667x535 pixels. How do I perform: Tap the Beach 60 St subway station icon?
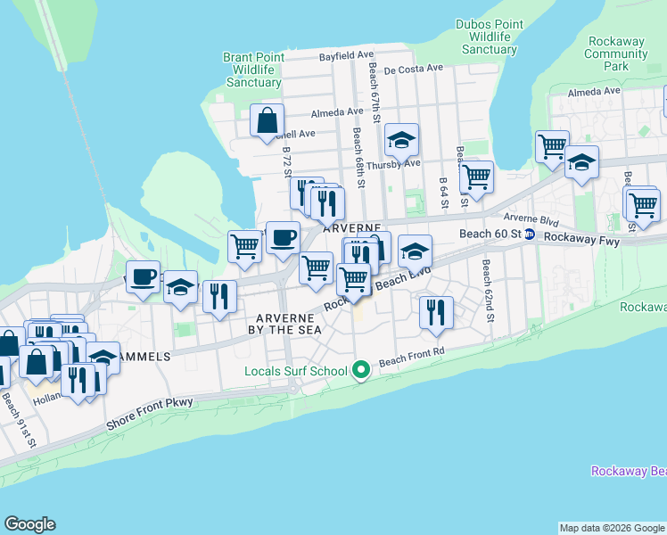coord(530,234)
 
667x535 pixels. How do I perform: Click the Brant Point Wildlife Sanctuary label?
coord(254,70)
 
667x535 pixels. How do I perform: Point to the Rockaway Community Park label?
coord(616,53)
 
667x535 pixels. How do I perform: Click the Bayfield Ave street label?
coord(348,55)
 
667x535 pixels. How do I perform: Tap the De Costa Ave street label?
coord(414,68)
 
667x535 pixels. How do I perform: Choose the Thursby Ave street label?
coord(392,163)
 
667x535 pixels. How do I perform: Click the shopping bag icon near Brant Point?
coord(268,120)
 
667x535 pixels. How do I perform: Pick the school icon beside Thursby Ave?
coord(402,139)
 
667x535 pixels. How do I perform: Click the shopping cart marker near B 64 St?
coord(477,176)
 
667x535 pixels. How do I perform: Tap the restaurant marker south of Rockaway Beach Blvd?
coord(436,311)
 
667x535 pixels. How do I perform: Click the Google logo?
coord(29,524)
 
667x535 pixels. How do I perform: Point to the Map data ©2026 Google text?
coord(611,528)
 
